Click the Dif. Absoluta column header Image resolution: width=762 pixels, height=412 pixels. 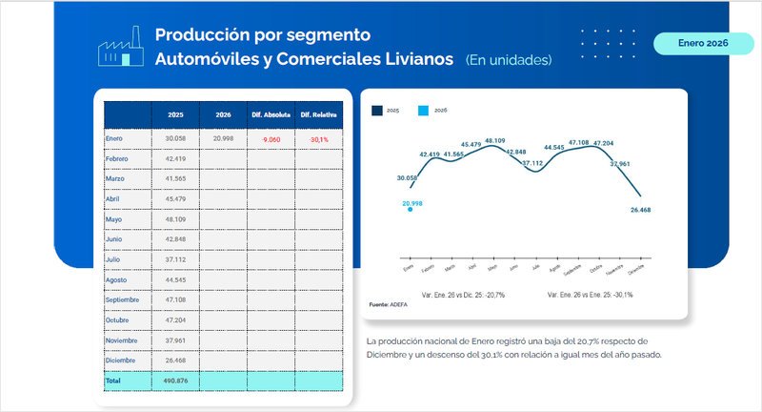point(271,114)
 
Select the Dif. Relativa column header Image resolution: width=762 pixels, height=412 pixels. point(319,114)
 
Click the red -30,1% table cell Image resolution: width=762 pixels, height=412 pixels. point(319,139)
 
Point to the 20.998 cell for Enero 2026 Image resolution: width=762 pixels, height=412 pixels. point(224,139)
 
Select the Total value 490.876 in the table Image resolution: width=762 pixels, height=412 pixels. point(175,381)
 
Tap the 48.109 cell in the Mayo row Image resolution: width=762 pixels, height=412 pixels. point(175,219)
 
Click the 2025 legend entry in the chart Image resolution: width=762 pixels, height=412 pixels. point(385,111)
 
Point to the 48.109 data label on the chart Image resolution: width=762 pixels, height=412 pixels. point(494,141)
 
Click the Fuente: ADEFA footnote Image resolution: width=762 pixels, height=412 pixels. point(387,304)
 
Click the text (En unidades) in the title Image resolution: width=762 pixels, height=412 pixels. point(509,60)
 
